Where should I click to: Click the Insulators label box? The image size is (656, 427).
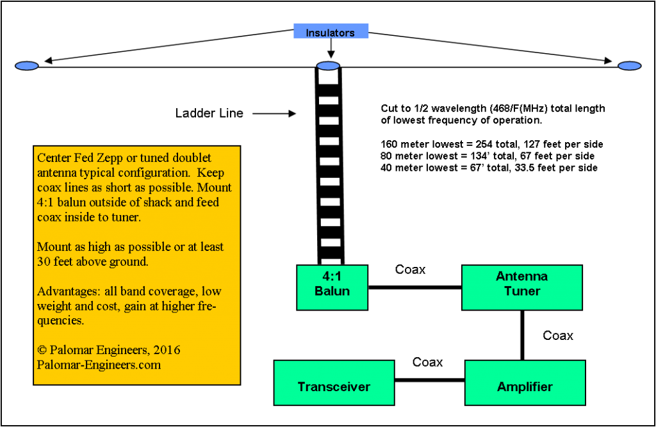[331, 31]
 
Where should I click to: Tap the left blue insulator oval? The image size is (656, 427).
[27, 66]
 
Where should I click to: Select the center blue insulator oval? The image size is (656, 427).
[328, 66]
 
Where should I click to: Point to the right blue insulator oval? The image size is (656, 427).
[629, 66]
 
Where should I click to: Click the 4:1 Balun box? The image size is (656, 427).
[332, 287]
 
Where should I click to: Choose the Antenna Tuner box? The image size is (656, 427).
[521, 287]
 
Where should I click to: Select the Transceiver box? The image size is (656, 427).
[334, 383]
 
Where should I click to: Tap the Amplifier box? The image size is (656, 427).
[525, 383]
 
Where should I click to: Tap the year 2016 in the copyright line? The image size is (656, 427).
[166, 350]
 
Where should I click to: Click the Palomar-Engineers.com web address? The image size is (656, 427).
[99, 365]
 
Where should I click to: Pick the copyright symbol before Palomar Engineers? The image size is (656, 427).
[42, 350]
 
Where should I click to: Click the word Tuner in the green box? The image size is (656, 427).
[522, 291]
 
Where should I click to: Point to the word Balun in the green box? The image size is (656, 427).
[332, 291]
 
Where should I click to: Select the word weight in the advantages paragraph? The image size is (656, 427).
[54, 306]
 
